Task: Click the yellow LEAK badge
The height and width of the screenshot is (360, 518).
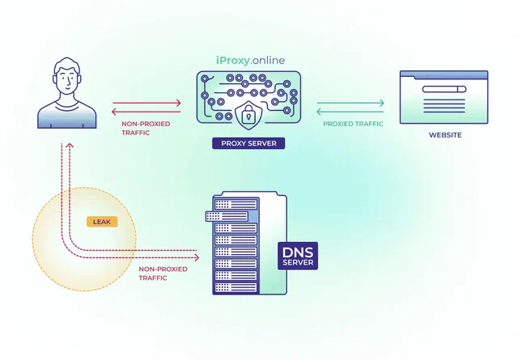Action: (102, 222)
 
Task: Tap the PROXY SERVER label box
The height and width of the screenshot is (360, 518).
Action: (248, 143)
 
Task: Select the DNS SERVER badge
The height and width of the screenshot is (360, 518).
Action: (298, 256)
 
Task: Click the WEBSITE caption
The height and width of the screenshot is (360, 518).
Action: (445, 135)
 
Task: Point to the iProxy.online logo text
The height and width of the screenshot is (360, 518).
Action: (250, 61)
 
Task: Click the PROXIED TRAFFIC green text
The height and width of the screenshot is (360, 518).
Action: (353, 124)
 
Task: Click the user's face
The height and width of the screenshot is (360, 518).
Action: (67, 81)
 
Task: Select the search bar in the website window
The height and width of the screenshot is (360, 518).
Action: (444, 89)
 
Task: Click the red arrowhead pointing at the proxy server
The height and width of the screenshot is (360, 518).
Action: (178, 103)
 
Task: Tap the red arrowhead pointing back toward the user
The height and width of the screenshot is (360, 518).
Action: (114, 112)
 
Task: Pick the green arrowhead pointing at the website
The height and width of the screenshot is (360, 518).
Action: (381, 103)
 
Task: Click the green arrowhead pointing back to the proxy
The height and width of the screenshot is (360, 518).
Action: (319, 112)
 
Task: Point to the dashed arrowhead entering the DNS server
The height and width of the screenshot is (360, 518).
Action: (197, 257)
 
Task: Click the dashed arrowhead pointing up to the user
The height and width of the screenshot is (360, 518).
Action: (70, 146)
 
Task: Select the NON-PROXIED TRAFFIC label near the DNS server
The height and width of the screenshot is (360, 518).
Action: (163, 273)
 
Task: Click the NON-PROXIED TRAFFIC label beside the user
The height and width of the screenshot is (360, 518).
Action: (146, 128)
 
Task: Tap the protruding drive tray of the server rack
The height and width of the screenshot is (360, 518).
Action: (227, 216)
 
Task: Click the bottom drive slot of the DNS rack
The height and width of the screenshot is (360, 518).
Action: (236, 287)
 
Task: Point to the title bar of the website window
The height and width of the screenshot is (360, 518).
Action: (444, 74)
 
